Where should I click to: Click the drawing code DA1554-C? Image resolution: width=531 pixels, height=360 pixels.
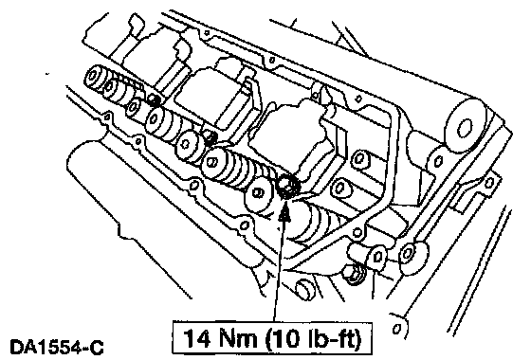point(57,348)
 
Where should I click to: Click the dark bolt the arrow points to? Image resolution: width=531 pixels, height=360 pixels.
point(287,187)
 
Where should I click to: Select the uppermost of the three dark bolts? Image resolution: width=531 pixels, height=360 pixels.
point(155,100)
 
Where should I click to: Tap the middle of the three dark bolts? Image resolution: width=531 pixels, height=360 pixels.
point(211,137)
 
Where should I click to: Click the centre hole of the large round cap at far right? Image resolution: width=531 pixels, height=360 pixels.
point(465,128)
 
